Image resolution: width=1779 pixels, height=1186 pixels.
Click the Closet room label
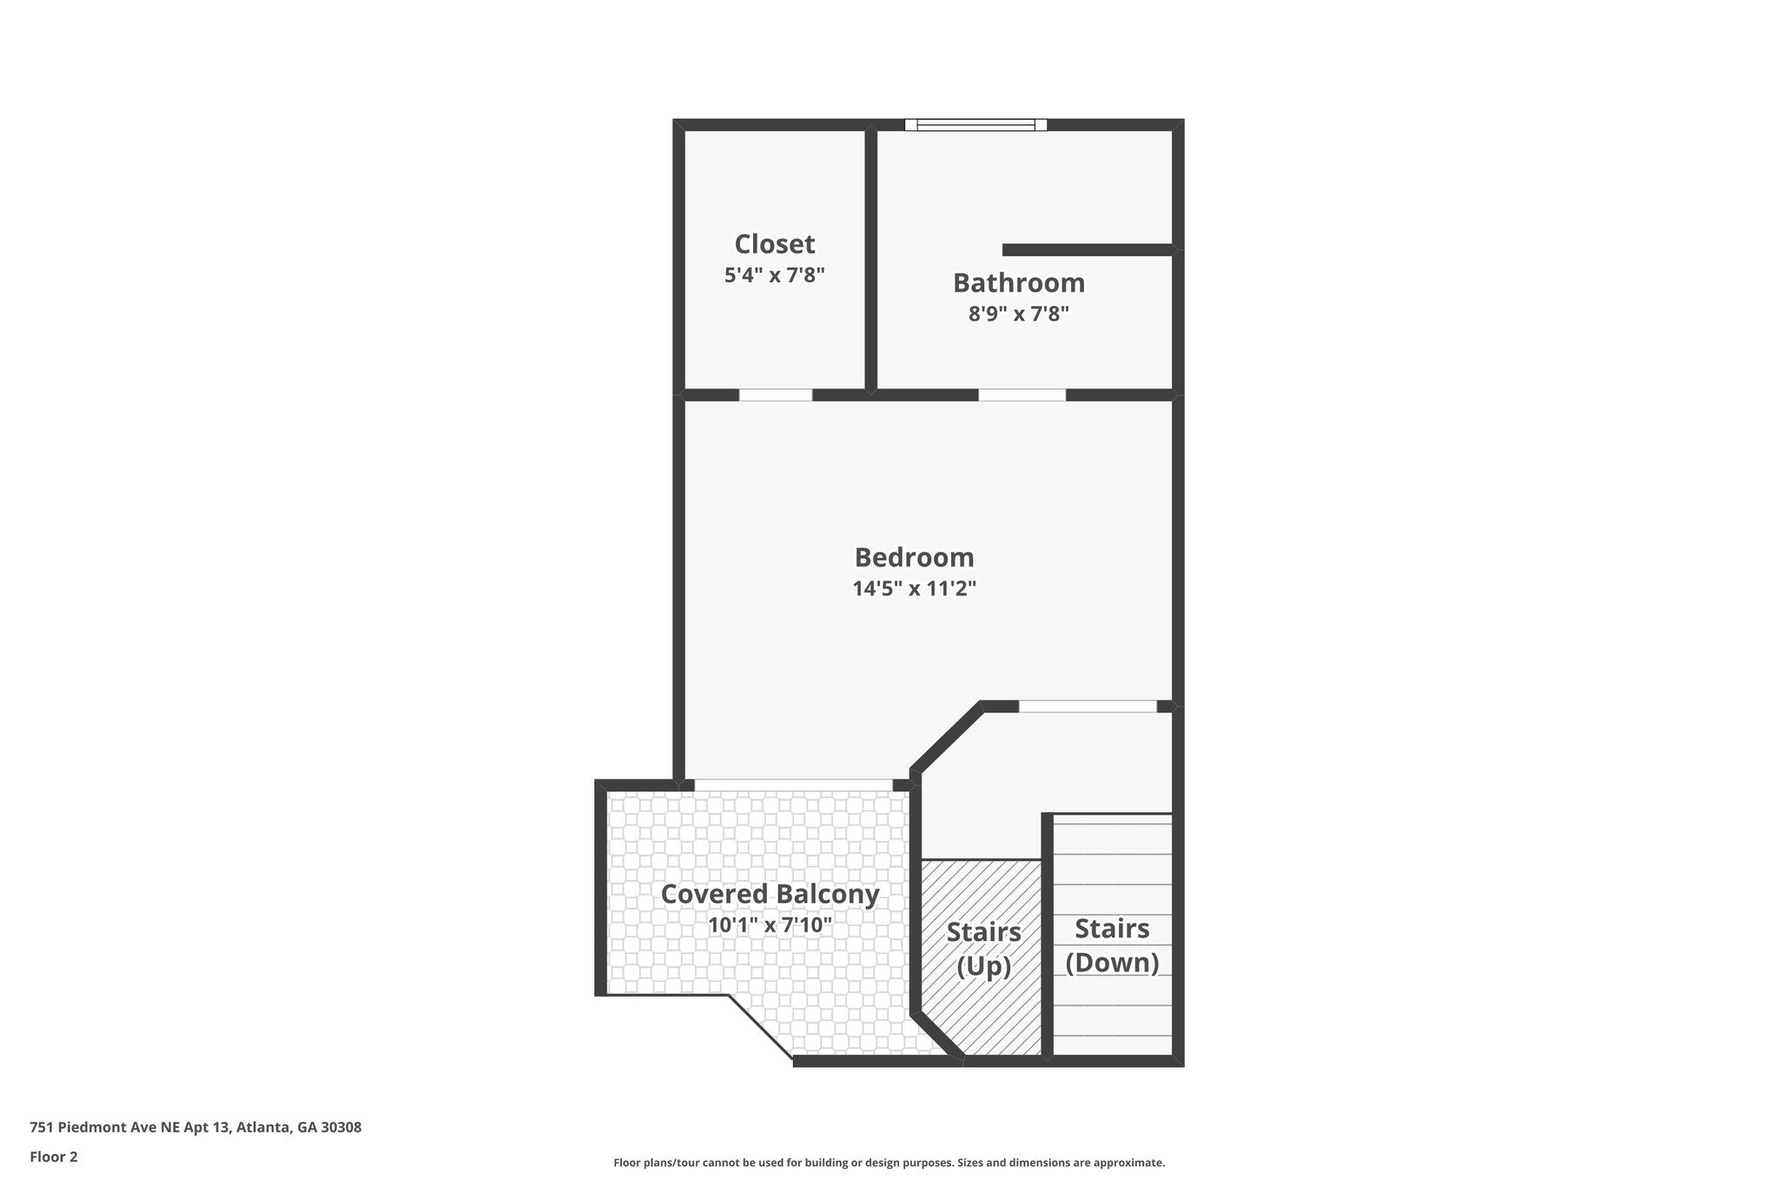point(774,244)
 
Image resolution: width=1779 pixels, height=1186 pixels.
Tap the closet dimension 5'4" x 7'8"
point(774,275)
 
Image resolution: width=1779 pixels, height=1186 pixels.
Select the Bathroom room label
point(1018,283)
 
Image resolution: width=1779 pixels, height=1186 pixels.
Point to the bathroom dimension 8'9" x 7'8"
point(1018,314)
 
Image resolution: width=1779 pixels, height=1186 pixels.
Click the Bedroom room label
point(914,557)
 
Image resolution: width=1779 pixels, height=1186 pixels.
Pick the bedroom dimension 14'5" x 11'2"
point(914,589)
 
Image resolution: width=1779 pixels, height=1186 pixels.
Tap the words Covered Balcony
point(770,894)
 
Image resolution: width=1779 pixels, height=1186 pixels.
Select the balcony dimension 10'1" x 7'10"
point(770,925)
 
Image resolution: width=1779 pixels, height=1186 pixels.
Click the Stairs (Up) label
point(983,949)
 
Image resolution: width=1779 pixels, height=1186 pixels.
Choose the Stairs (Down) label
point(1112,945)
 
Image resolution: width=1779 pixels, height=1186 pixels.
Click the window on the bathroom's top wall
point(975,125)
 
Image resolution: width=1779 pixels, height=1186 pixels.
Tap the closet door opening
point(775,395)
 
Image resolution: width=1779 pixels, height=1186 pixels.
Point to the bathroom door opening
point(1022,395)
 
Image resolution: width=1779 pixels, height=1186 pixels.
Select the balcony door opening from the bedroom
point(793,785)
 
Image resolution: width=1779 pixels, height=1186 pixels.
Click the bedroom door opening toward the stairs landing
point(1088,706)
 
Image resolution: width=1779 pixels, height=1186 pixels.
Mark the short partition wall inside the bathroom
point(1088,250)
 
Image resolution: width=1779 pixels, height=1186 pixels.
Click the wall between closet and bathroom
point(870,261)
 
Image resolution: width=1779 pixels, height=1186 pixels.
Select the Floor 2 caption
point(54,1156)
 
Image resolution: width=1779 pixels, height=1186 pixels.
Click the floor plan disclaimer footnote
point(889,1163)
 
